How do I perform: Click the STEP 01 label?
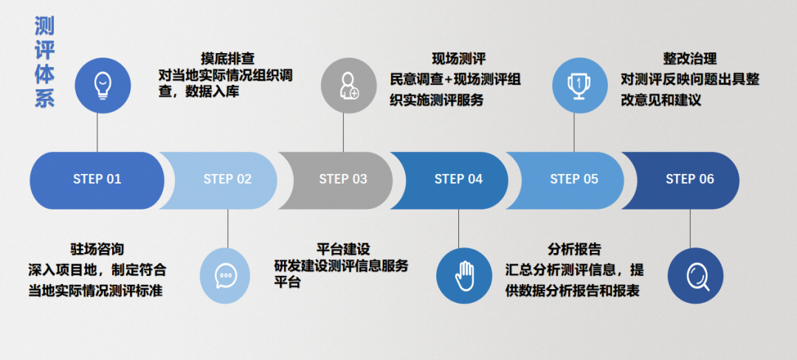(x=97, y=179)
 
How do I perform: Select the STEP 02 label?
(x=227, y=179)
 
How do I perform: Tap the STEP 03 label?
(x=343, y=179)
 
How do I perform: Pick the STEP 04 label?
(x=458, y=179)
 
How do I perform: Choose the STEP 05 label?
(x=574, y=179)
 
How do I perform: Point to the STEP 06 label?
(x=690, y=179)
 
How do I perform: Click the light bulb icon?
(x=103, y=85)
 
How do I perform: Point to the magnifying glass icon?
(x=695, y=276)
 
